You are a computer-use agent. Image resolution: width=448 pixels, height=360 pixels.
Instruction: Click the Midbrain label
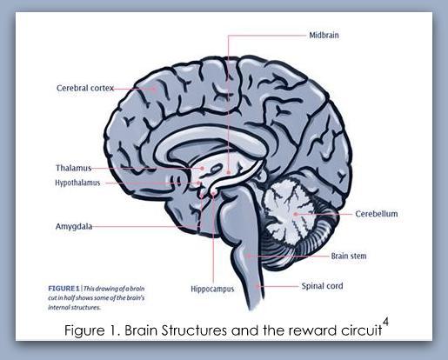(324, 36)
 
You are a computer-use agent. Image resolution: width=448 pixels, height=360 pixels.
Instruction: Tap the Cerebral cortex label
(85, 88)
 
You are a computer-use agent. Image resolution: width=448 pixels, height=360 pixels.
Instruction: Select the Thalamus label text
(73, 168)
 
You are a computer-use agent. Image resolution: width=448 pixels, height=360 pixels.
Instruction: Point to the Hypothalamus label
(77, 183)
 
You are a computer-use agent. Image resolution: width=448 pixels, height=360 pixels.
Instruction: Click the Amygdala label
(74, 226)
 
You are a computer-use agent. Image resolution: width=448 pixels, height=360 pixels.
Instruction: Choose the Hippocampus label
(212, 289)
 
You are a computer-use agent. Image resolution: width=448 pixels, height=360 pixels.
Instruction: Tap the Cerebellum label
(377, 214)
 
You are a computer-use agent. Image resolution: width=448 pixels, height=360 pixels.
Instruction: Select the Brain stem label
(349, 256)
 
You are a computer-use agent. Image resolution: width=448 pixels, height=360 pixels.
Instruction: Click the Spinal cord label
(322, 286)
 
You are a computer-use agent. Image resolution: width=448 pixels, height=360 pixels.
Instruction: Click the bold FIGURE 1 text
(64, 289)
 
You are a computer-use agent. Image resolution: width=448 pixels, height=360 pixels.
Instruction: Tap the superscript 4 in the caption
(385, 322)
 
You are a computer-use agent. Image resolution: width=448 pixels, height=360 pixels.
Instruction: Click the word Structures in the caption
(194, 330)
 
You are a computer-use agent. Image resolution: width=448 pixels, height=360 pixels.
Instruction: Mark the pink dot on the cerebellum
(296, 214)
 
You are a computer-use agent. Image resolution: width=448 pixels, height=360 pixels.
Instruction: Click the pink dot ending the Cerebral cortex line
(155, 89)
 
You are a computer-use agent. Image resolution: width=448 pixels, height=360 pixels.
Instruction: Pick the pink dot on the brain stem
(248, 256)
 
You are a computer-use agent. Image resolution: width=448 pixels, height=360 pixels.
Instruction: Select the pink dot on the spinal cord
(257, 286)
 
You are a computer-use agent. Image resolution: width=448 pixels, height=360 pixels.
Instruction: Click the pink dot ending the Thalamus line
(202, 168)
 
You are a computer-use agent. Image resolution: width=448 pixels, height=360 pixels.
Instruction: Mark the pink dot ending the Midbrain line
(229, 172)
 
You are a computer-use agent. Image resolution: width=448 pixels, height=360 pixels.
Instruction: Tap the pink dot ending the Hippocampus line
(213, 194)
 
